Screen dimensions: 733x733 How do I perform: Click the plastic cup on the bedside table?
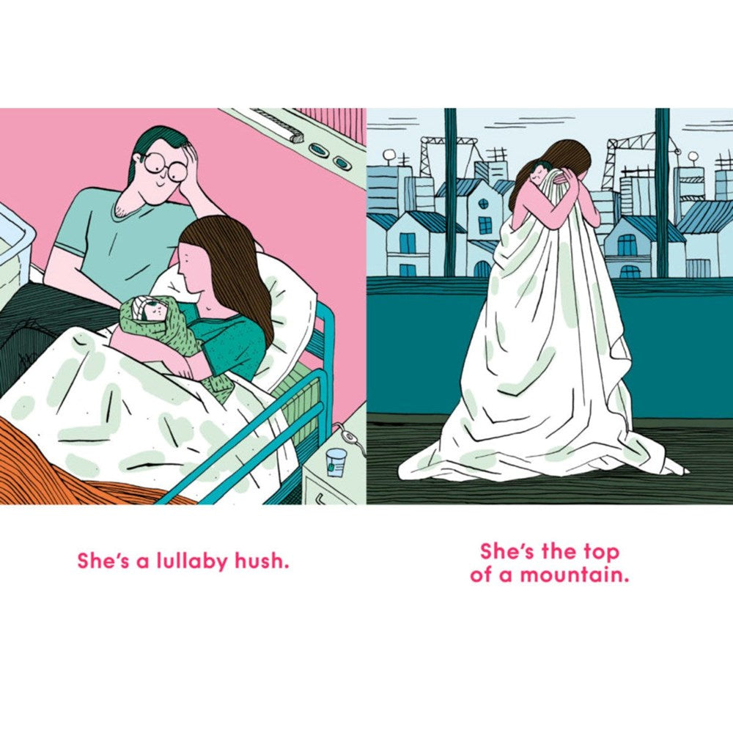336,463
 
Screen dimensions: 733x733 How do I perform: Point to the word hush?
262,560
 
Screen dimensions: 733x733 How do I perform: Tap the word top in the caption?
601,553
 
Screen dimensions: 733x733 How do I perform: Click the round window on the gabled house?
484,204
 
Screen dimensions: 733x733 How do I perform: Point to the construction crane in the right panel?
641,154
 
